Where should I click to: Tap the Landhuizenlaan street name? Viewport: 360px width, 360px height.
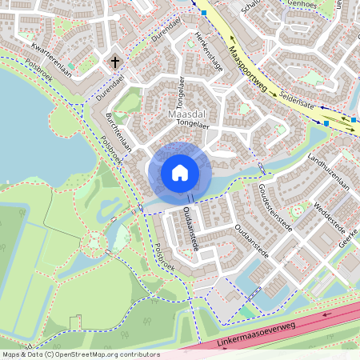(x=318, y=163)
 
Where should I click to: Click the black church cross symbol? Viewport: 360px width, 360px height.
(x=115, y=61)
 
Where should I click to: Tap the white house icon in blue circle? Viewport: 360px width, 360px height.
(x=180, y=172)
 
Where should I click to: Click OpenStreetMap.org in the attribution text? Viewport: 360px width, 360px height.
(x=84, y=354)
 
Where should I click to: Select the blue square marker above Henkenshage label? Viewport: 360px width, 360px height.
(x=205, y=14)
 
